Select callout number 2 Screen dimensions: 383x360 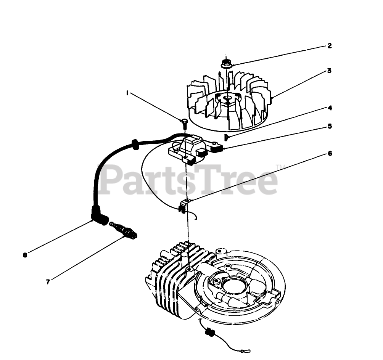point(330,46)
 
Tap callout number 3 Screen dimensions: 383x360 point(328,71)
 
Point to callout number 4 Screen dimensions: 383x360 point(330,108)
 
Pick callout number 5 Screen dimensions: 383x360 point(330,126)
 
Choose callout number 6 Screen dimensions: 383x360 point(330,153)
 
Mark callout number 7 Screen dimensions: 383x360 point(48,282)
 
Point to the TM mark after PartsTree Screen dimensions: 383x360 point(279,166)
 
